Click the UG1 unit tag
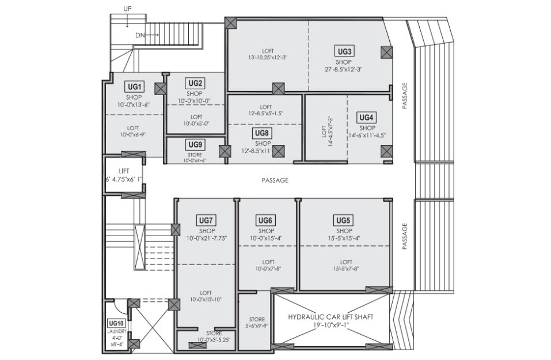pyautogui.click(x=134, y=86)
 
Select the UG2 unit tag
pyautogui.click(x=195, y=84)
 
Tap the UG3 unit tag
pyautogui.click(x=344, y=52)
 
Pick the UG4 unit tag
pyautogui.click(x=366, y=118)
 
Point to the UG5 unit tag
pyautogui.click(x=343, y=221)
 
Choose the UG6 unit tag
pyautogui.click(x=265, y=221)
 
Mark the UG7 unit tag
pyautogui.click(x=206, y=221)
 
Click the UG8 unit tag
pyautogui.click(x=262, y=133)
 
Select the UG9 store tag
pyautogui.click(x=195, y=145)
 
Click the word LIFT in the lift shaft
pyautogui.click(x=124, y=171)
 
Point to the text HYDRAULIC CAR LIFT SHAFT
pyautogui.click(x=330, y=317)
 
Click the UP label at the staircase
pyautogui.click(x=128, y=9)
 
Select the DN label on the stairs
pyautogui.click(x=139, y=35)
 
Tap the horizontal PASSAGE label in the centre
pyautogui.click(x=275, y=180)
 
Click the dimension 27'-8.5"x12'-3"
pyautogui.click(x=344, y=70)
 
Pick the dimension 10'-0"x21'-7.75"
pyautogui.click(x=207, y=238)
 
